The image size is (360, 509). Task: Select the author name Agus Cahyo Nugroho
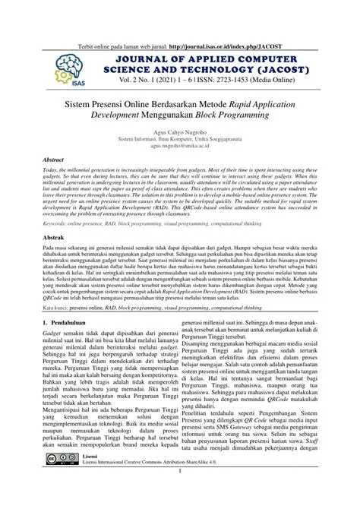(x=179, y=131)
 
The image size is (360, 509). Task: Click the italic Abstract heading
(x=52, y=161)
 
